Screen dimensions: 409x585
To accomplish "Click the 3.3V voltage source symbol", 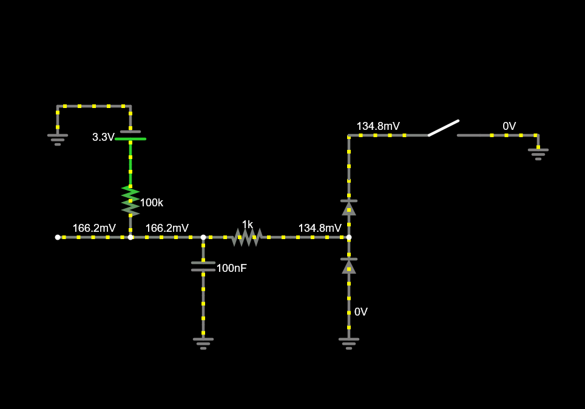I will (130, 135).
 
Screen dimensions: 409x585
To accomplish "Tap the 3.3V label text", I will (103, 137).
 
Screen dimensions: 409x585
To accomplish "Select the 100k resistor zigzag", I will (130, 200).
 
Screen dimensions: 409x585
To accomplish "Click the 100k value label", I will (152, 203).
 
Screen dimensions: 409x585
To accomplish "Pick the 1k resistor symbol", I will (247, 237).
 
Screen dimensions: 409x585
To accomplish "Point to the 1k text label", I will (247, 225).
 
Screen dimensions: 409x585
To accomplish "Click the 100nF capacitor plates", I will (203, 266).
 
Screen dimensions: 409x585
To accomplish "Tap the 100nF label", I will (231, 268).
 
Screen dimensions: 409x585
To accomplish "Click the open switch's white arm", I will (443, 128).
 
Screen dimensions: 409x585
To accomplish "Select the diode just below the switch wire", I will (349, 208).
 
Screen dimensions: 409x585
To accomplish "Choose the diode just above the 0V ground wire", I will (349, 266).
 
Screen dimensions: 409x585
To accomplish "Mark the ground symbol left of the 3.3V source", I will (58, 139).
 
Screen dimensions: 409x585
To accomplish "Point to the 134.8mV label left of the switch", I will (378, 126).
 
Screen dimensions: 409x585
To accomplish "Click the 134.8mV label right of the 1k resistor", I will (320, 228).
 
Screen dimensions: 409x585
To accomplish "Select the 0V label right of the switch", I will (509, 126).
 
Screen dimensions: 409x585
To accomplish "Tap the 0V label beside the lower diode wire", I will (361, 312).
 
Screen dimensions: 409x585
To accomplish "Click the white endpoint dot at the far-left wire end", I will (58, 237).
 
